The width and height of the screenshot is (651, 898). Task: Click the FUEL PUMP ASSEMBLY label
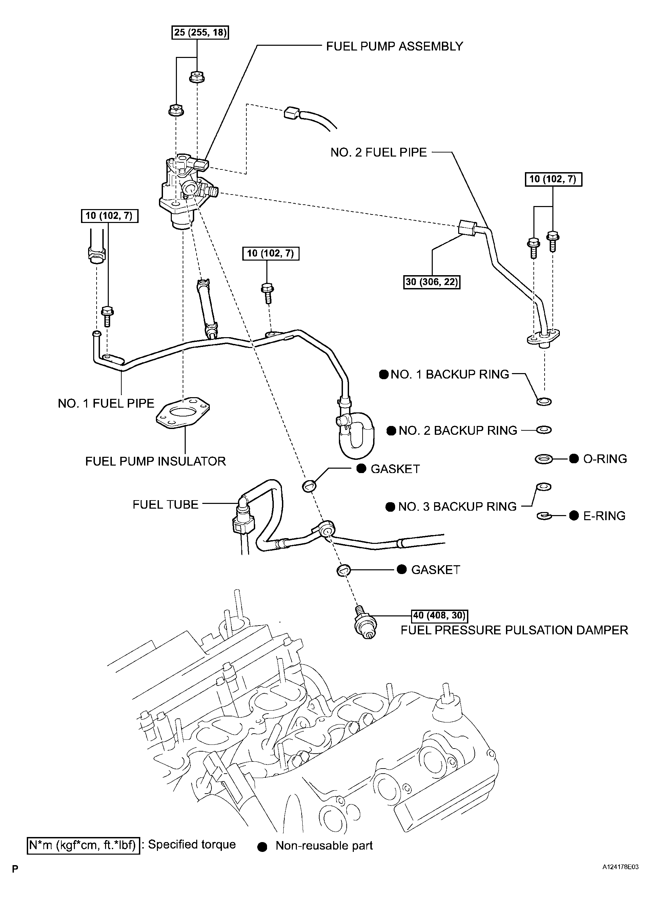coord(394,46)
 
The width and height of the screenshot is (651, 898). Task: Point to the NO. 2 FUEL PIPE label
coord(379,152)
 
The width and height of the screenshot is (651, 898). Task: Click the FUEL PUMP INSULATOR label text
coord(156,461)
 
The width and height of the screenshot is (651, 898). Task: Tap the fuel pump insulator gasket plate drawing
coord(183,413)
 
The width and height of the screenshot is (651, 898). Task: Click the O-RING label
coord(605,459)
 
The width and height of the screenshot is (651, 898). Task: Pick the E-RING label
coord(604,516)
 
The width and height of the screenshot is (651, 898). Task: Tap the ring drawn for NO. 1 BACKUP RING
coord(544,402)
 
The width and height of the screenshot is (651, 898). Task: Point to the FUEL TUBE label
coord(165,505)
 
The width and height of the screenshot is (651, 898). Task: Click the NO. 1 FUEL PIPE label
coord(106,404)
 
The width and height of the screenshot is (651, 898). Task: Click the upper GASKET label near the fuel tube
coord(395,469)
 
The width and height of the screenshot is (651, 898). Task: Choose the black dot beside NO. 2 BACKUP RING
coord(391,431)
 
